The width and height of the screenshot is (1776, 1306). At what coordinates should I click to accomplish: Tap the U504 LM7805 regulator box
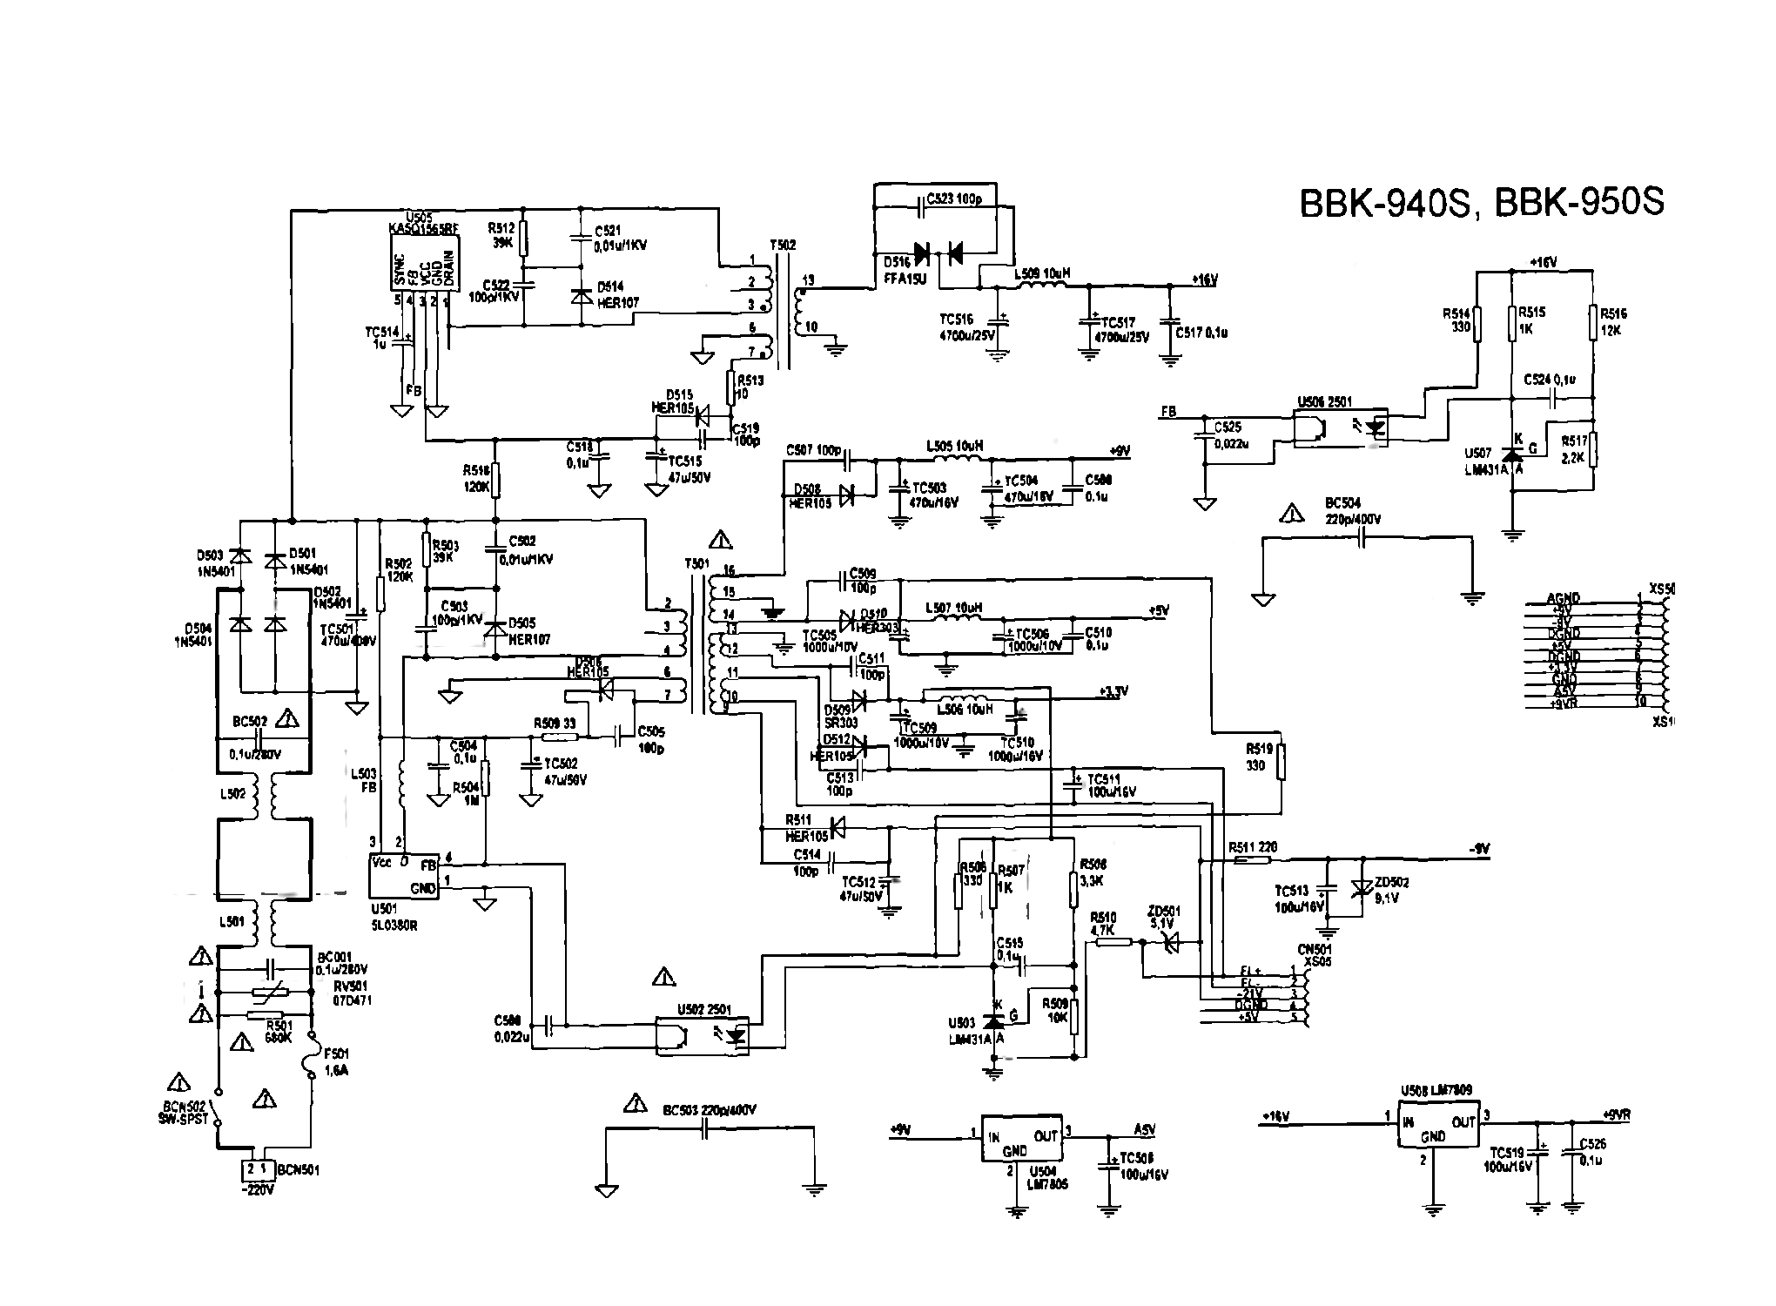(x=1021, y=1137)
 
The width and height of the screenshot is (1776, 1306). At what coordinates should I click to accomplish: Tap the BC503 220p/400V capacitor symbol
(x=707, y=1129)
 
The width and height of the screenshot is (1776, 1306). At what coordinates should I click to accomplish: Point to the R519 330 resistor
(x=1282, y=762)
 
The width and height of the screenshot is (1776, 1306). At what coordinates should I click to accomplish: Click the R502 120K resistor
(x=380, y=594)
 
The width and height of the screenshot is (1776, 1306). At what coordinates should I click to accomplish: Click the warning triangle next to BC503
(x=636, y=1106)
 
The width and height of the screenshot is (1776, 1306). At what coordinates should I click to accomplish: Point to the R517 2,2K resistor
(x=1592, y=450)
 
